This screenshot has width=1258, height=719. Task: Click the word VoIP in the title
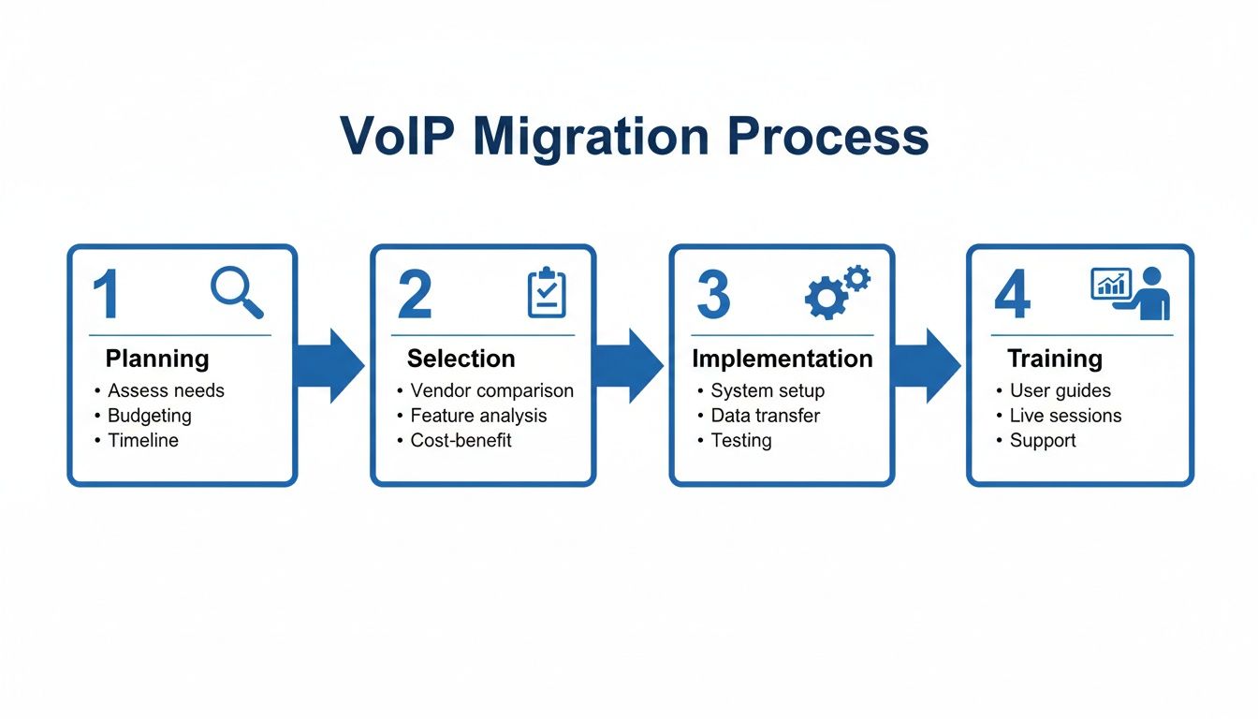[x=399, y=136]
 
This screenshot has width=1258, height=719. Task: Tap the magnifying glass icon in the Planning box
[x=237, y=292]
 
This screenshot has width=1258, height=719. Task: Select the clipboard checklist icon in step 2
[x=547, y=293]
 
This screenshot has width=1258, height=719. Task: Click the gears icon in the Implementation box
[x=837, y=292]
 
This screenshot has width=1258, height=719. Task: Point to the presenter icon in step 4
[x=1131, y=293]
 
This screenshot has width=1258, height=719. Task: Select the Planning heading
[x=157, y=359]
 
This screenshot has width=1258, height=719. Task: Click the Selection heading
[x=461, y=359]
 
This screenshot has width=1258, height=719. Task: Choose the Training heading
[x=1055, y=359]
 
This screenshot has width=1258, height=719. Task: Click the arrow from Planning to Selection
[x=330, y=366]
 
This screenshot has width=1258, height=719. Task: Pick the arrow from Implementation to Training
[x=926, y=366]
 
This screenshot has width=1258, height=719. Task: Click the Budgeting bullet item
[x=150, y=416]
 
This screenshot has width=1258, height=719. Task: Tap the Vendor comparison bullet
[x=491, y=390]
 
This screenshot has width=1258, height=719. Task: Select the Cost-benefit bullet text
[x=461, y=440]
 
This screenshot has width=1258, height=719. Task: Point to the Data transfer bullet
[x=765, y=416]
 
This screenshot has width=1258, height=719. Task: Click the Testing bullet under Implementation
[x=741, y=440]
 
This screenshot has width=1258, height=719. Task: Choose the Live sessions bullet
[x=1065, y=416]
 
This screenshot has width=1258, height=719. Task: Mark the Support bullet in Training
[x=1043, y=440]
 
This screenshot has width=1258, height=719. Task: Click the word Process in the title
[x=827, y=136]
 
